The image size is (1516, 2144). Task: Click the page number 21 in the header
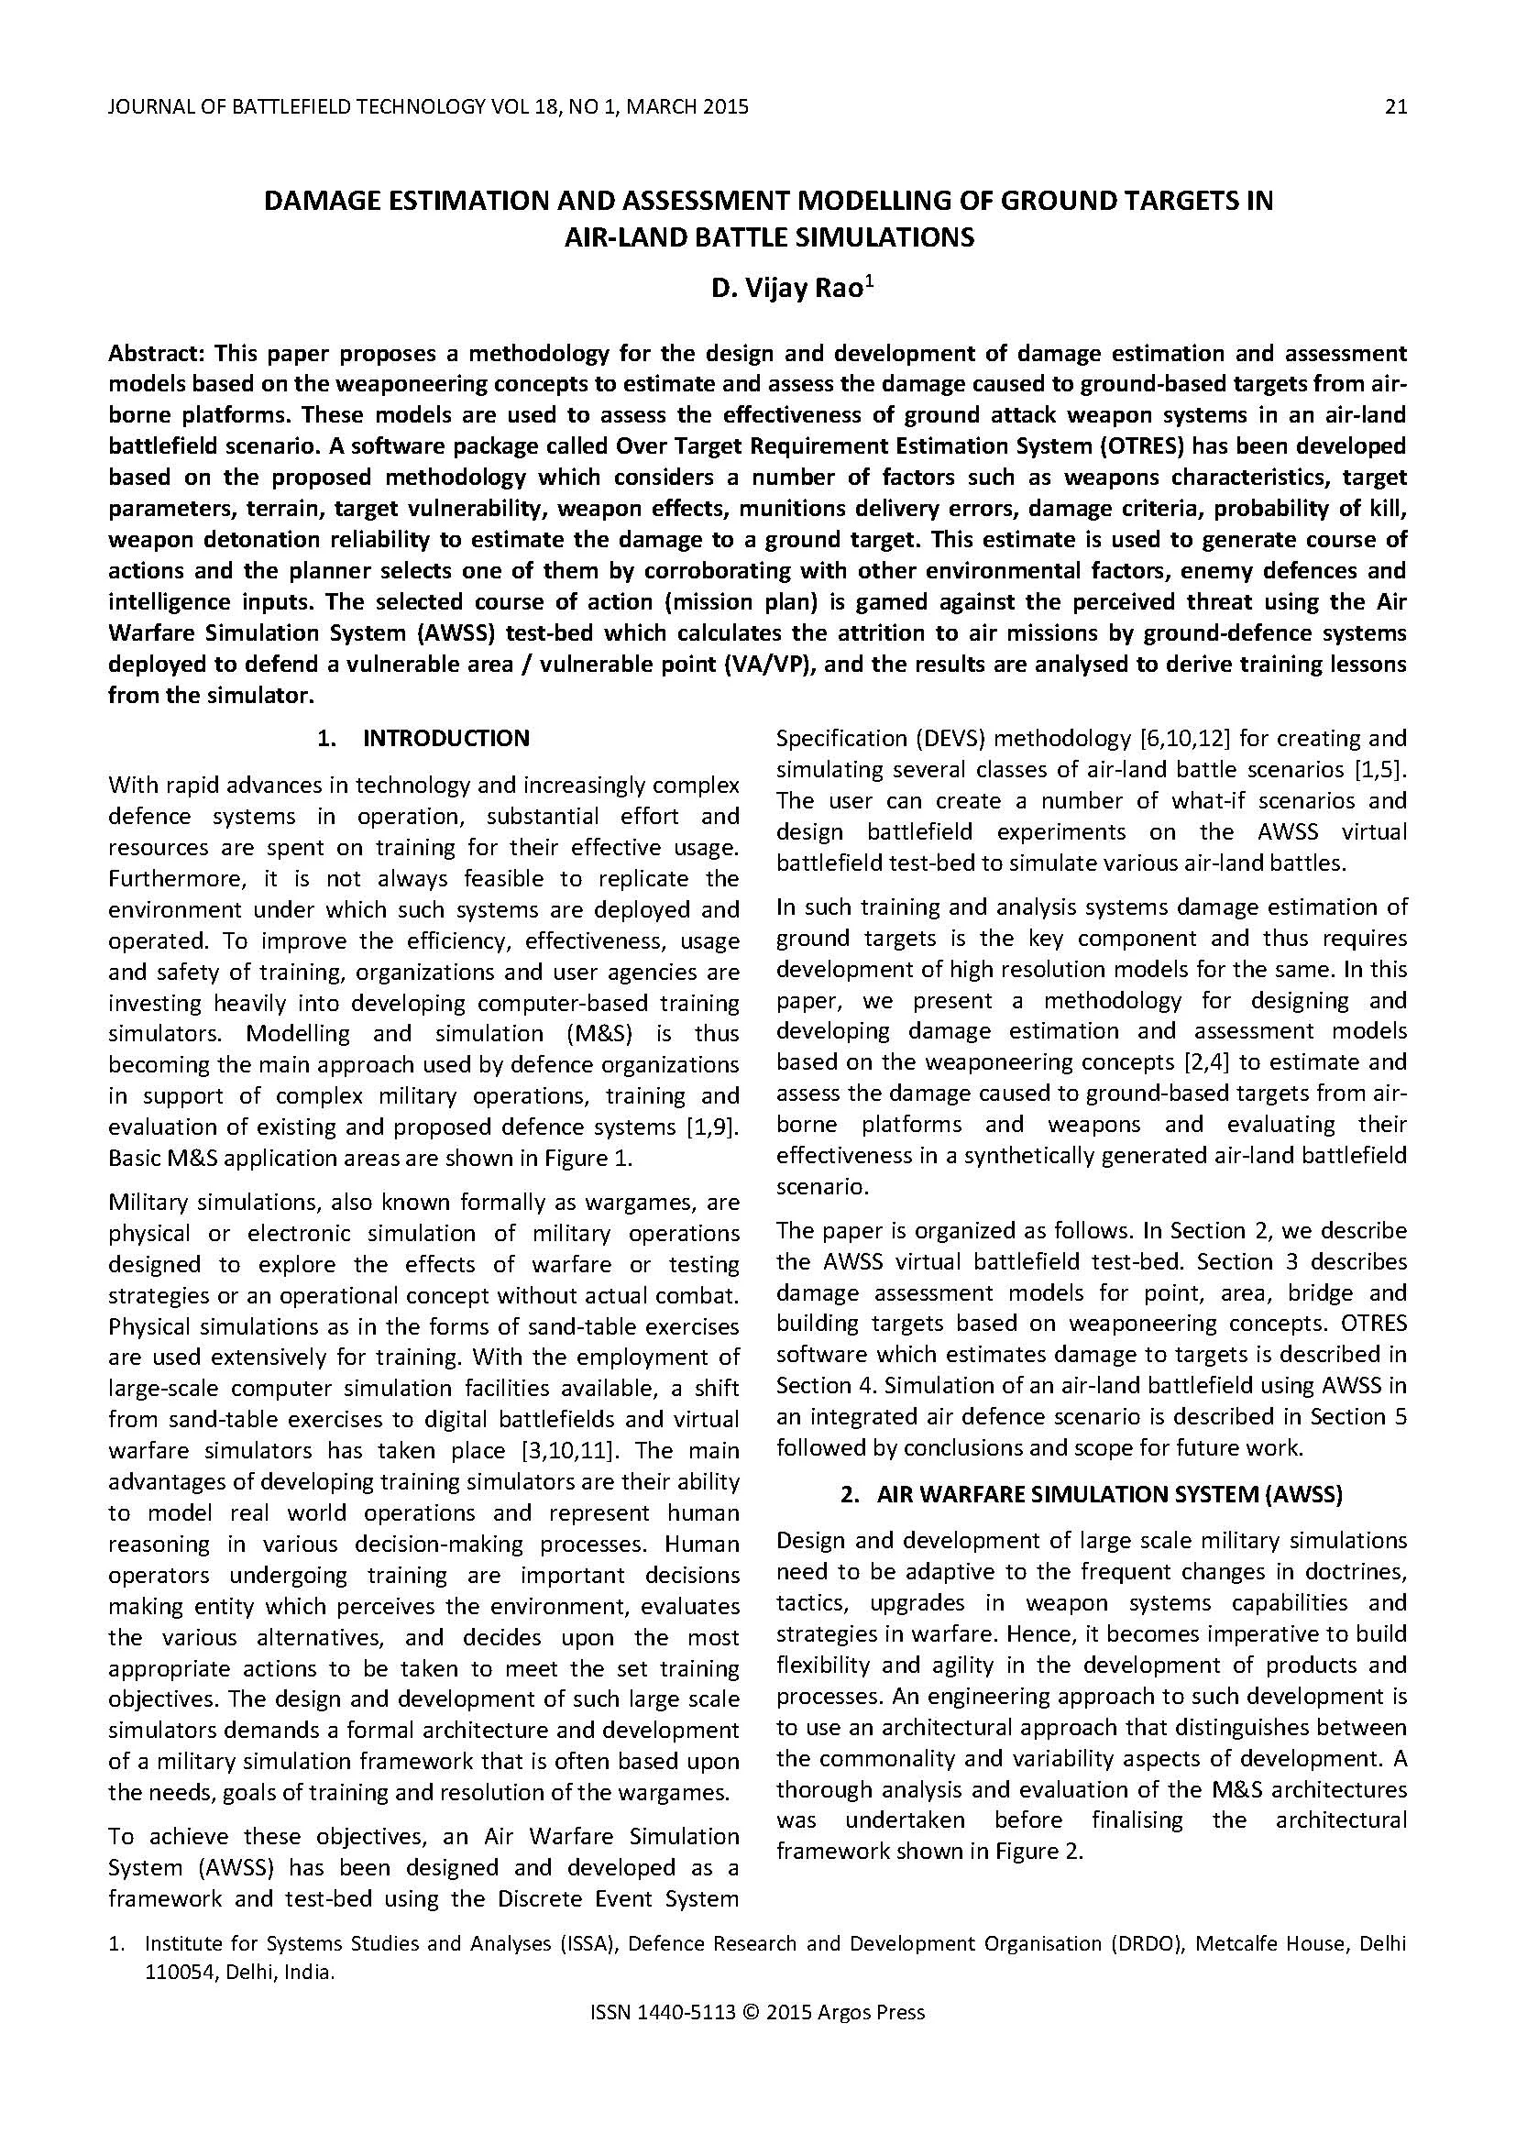click(x=1395, y=106)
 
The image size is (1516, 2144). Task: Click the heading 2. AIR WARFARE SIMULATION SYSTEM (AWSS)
click(x=1091, y=1494)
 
